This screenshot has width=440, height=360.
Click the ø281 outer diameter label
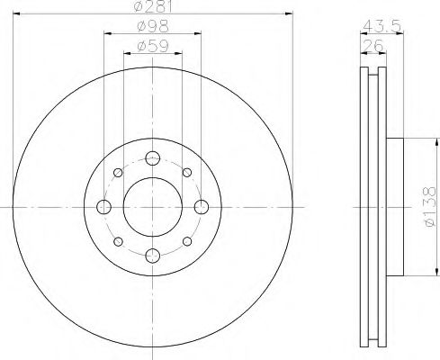point(152,8)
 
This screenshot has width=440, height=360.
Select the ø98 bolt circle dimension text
point(152,27)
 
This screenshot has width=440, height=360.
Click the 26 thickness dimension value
point(371,46)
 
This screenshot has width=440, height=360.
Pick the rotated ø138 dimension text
point(427,205)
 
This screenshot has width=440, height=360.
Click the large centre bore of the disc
point(152,206)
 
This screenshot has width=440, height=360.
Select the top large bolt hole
point(152,157)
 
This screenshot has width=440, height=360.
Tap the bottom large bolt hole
point(152,256)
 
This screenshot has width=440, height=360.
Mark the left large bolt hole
point(103,207)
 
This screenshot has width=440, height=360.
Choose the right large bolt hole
point(201,207)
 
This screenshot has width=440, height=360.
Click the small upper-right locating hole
point(186,172)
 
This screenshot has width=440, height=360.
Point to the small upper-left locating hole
point(118,172)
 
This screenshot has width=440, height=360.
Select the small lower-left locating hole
point(118,241)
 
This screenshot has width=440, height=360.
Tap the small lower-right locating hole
point(186,241)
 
